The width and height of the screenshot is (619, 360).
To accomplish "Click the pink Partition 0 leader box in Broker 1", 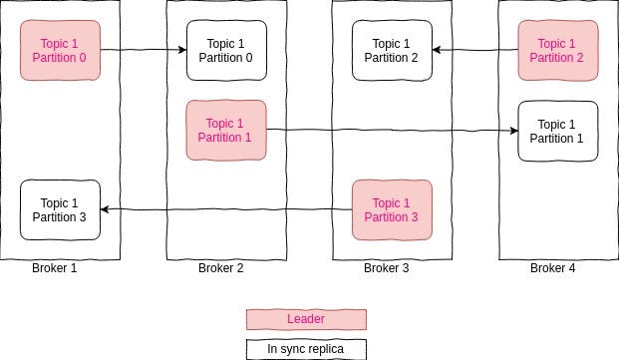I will click(61, 50).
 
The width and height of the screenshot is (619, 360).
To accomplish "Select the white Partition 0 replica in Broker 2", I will click(226, 50).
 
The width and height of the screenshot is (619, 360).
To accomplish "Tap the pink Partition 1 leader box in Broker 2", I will click(226, 130).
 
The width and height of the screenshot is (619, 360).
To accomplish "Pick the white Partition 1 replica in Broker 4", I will click(557, 131).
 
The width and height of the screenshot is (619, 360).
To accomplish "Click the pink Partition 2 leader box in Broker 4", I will click(557, 50).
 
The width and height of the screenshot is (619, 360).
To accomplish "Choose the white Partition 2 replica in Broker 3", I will click(392, 50).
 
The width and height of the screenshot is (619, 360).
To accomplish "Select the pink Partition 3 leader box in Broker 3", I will click(392, 209).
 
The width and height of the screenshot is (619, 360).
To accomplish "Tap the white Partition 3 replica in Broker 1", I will click(61, 209).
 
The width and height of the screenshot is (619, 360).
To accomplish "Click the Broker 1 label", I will click(55, 267).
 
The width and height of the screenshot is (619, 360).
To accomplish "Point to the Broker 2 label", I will click(220, 267).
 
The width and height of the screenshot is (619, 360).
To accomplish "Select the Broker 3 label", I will click(386, 267).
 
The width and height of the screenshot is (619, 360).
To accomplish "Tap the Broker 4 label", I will click(551, 267).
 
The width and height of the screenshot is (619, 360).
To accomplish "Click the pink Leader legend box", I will click(307, 319).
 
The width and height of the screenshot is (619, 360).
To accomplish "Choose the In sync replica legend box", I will click(307, 349).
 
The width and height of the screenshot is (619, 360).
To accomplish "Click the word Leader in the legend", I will click(306, 319).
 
